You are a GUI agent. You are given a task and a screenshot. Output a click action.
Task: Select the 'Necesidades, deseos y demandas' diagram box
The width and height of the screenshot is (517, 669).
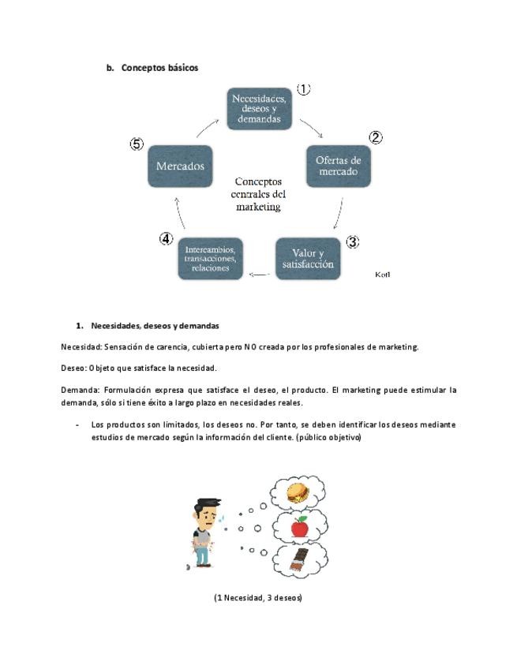(259, 108)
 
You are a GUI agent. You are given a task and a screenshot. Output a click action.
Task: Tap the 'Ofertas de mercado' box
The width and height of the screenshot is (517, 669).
(337, 166)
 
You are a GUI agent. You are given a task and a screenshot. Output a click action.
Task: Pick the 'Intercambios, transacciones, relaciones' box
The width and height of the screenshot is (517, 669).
(209, 258)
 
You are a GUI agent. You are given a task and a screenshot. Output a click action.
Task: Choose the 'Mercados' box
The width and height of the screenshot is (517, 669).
(180, 166)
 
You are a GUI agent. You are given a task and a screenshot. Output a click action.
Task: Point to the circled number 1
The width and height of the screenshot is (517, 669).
(303, 89)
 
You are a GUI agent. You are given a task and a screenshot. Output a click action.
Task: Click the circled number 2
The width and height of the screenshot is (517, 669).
(376, 137)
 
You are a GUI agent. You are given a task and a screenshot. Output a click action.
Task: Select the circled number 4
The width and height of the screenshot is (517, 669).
(167, 238)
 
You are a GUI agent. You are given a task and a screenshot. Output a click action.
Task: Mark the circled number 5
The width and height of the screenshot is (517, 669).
(137, 144)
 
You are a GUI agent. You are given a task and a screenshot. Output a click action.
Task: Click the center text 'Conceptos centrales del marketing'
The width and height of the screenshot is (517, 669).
(259, 193)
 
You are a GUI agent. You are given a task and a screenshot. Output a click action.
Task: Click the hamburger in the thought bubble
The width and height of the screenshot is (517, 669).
(298, 494)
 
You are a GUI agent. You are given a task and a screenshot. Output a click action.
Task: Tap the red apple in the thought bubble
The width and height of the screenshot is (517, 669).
(299, 526)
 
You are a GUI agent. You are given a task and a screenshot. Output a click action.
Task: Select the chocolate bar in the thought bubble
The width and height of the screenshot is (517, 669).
(298, 560)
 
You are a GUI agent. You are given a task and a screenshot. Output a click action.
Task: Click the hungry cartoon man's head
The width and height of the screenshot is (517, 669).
(207, 509)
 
